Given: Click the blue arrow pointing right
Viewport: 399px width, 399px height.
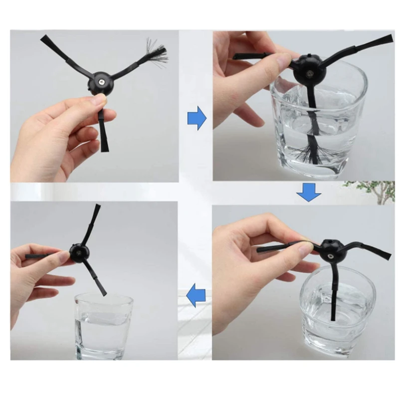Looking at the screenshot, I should click(x=196, y=118).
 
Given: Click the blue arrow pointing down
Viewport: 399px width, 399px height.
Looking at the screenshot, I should click(x=308, y=192).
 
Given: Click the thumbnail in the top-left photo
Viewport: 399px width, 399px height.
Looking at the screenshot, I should click(x=99, y=100).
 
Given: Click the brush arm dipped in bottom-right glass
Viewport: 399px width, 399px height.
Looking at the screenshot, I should click(x=331, y=294).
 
